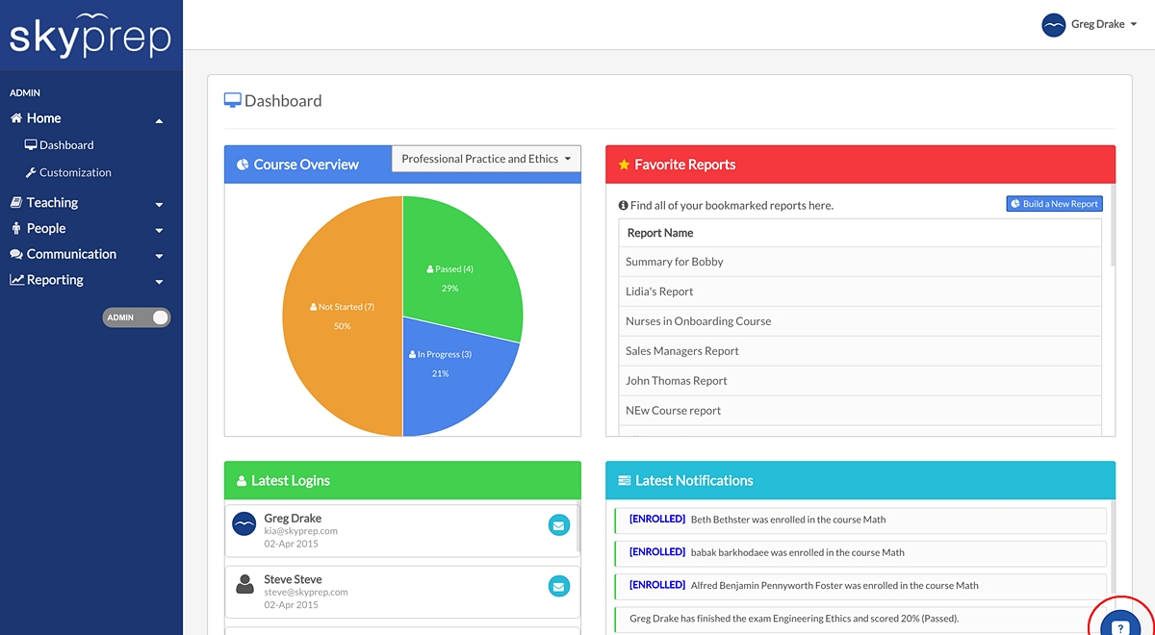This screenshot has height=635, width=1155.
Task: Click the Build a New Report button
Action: [1054, 204]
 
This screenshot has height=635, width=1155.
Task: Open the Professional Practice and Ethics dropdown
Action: [486, 159]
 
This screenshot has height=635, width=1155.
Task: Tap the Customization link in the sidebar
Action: [68, 172]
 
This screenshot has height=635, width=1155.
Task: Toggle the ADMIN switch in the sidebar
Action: [136, 317]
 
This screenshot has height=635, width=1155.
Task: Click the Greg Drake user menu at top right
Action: [1089, 24]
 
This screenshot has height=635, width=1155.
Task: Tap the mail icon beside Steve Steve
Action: [559, 587]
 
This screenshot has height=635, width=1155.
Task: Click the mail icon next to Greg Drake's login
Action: [559, 525]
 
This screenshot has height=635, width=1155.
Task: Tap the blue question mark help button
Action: [1120, 623]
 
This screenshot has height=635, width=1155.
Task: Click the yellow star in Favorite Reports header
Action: [624, 165]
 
